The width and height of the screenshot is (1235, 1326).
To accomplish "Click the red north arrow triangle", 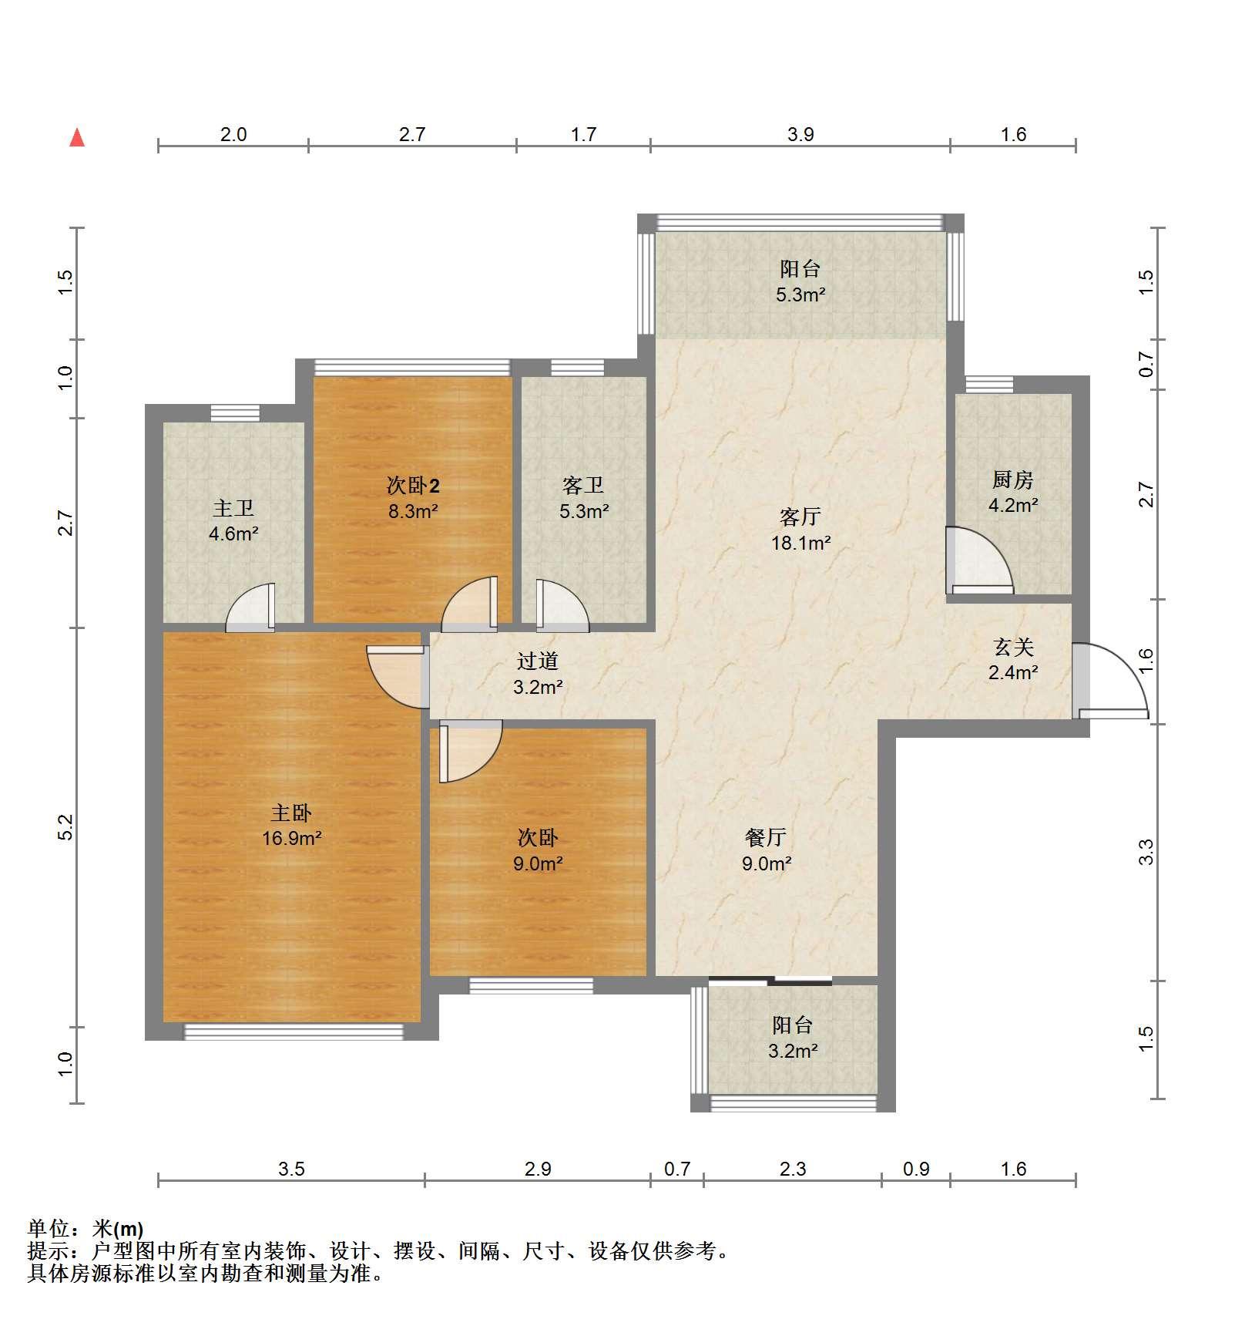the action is tap(77, 138).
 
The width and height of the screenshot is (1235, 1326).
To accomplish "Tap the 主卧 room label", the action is tap(291, 813).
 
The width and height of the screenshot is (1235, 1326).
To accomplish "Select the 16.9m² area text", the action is tap(291, 838).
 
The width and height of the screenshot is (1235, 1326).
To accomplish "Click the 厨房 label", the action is tap(1012, 480).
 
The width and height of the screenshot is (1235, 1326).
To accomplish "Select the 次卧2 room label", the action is tap(413, 485).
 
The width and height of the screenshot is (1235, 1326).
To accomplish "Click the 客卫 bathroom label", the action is tap(583, 485).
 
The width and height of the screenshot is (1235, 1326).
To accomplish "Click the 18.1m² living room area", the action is tap(800, 543).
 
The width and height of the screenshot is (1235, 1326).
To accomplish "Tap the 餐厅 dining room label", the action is tap(766, 837).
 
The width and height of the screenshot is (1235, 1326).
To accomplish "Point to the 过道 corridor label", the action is tap(538, 661).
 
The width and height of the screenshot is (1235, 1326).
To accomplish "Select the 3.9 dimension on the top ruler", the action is tap(800, 134).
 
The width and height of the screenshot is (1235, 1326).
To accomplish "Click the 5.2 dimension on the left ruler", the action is tap(67, 827).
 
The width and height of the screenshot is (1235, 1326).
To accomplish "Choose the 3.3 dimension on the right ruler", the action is tap(1147, 852).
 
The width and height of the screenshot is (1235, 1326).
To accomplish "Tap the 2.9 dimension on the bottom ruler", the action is tap(538, 1169).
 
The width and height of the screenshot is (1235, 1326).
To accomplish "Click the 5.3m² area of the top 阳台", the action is tap(800, 294).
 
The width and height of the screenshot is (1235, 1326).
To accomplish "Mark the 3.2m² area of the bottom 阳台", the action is tap(793, 1050).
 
